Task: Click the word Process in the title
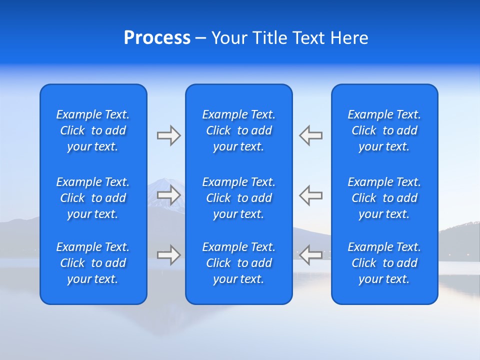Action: coord(157,38)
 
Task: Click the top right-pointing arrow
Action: coord(168,135)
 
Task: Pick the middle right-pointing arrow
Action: coord(168,195)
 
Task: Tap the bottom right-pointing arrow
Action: coord(168,255)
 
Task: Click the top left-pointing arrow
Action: coord(311,135)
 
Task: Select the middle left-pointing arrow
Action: coord(311,195)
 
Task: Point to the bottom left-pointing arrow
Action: coord(311,255)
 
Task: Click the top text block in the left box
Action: coord(93,130)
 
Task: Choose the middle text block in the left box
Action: coord(93,198)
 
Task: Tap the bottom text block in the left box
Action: coord(93,263)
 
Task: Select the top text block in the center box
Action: coord(238,130)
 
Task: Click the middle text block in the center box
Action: coord(238,198)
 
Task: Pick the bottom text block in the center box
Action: coord(238,263)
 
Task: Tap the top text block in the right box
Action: coord(384,130)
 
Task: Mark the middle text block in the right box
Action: coord(384,198)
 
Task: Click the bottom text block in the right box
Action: coord(384,263)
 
